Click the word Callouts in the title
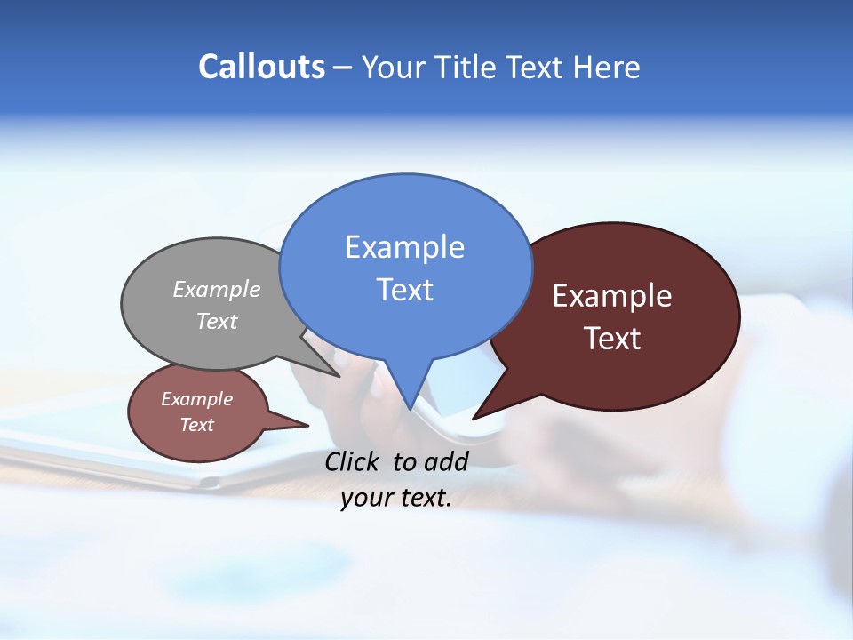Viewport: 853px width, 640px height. (x=262, y=67)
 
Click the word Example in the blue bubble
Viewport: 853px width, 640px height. (x=404, y=247)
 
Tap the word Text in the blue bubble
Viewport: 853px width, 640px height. (x=404, y=290)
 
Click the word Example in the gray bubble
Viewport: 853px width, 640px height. (x=217, y=290)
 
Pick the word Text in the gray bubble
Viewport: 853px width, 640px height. (x=217, y=322)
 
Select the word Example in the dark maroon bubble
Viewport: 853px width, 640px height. (x=612, y=296)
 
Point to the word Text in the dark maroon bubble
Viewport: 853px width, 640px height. (x=612, y=339)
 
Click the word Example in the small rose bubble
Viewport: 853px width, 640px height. (x=197, y=399)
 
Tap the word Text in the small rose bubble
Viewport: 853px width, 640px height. (x=197, y=425)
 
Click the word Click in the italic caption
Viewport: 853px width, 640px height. (x=354, y=461)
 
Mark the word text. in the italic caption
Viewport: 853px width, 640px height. (x=422, y=499)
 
